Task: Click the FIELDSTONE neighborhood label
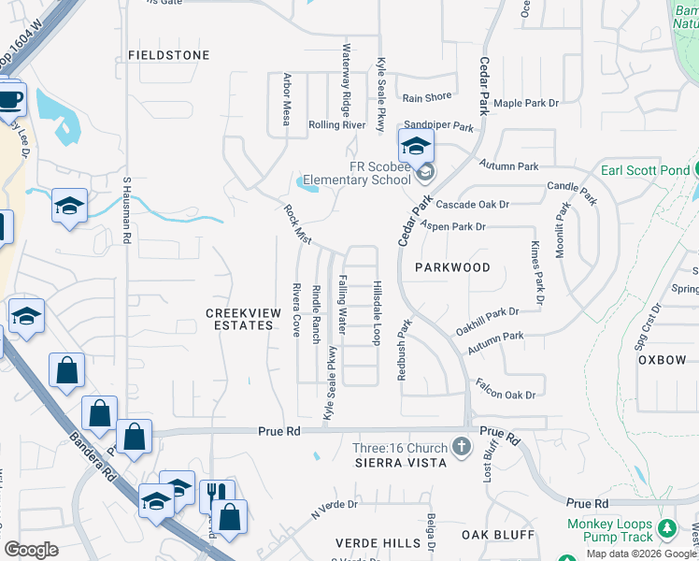coord(169,55)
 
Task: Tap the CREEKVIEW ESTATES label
coord(241,318)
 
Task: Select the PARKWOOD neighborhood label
coord(452,267)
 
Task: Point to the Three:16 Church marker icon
coord(461,447)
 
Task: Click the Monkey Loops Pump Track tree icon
coord(666,530)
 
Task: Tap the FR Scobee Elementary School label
coord(379,173)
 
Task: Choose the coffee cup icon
coord(10,99)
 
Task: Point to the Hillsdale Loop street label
coord(378,311)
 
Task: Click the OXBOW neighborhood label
coord(663,360)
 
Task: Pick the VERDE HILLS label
coord(378,543)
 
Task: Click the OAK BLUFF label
coord(498,535)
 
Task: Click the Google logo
coord(31,550)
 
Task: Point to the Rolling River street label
coord(336,124)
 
